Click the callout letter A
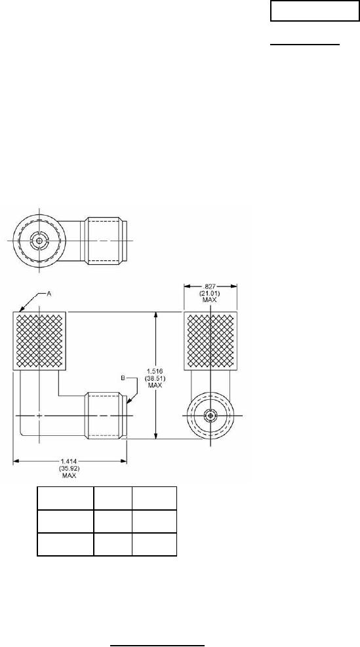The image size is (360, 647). coord(49,294)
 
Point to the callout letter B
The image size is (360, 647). coord(123,378)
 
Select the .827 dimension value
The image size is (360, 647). coord(210,286)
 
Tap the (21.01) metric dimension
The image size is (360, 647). coord(210,293)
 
